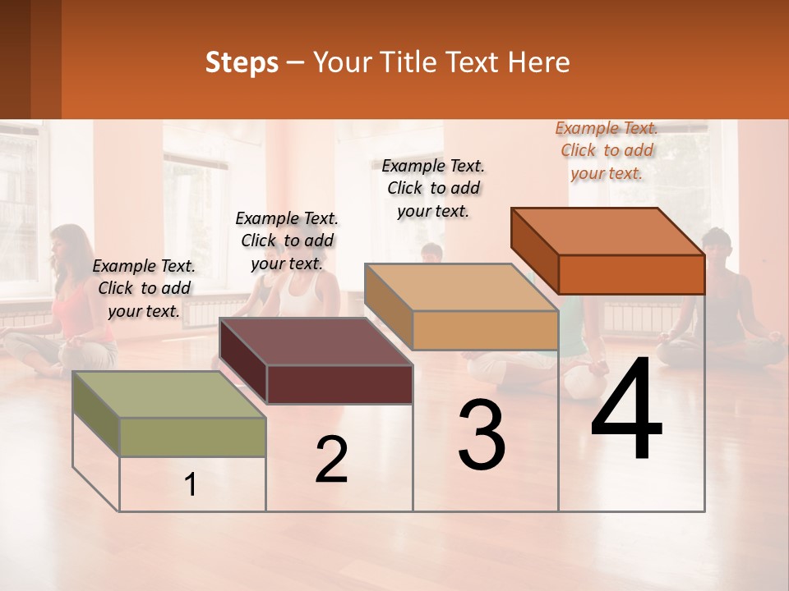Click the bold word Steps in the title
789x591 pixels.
(x=242, y=62)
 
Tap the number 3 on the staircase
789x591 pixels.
(x=482, y=435)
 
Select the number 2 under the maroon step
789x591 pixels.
(x=331, y=460)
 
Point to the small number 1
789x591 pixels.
(x=191, y=485)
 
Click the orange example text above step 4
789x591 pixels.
(x=607, y=150)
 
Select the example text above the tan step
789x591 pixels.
(x=433, y=188)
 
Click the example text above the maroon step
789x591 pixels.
(x=287, y=241)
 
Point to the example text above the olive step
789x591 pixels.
(x=144, y=288)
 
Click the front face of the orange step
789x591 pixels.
(x=631, y=274)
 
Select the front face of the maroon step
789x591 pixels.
(x=339, y=384)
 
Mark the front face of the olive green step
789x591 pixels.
(x=192, y=437)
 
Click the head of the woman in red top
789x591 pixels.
(x=68, y=244)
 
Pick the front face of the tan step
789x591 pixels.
(x=485, y=330)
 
